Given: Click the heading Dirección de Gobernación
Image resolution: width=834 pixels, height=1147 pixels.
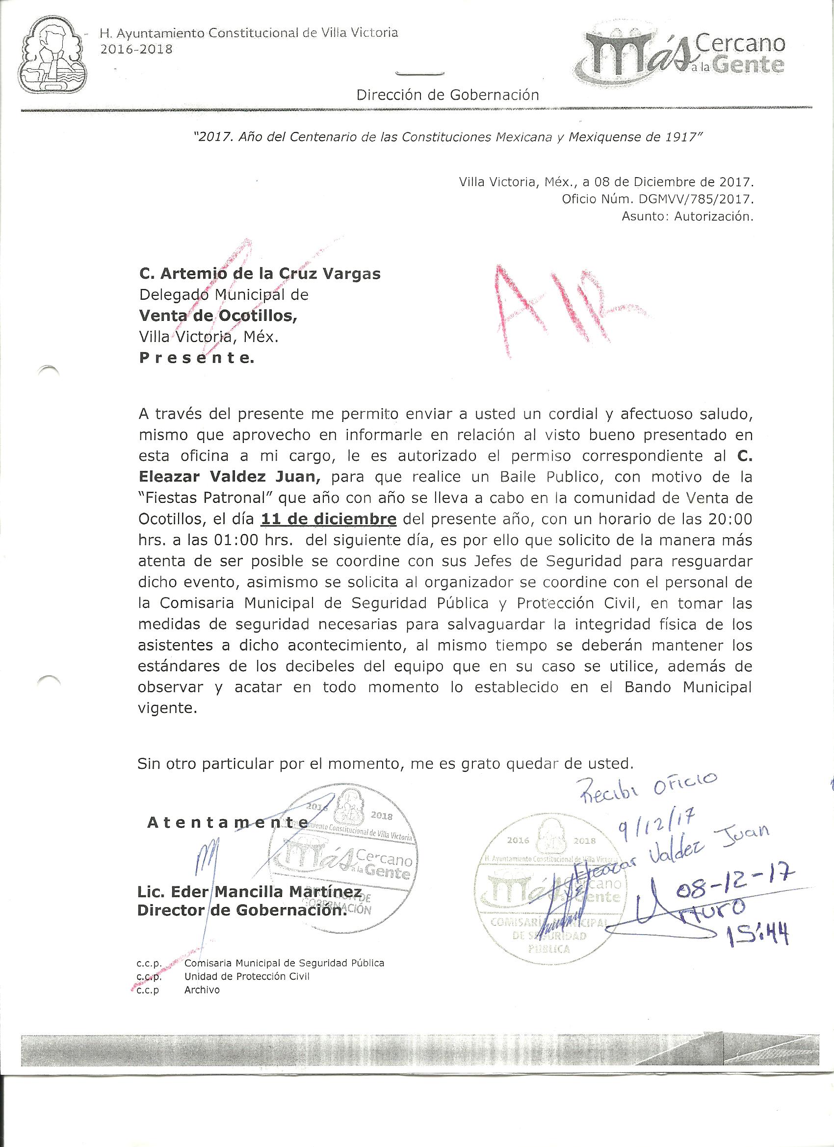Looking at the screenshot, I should pos(447,95).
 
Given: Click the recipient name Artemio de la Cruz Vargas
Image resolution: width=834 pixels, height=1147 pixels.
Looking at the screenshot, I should pos(260,274).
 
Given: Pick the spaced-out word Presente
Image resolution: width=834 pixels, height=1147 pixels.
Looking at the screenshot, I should pos(196,359).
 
